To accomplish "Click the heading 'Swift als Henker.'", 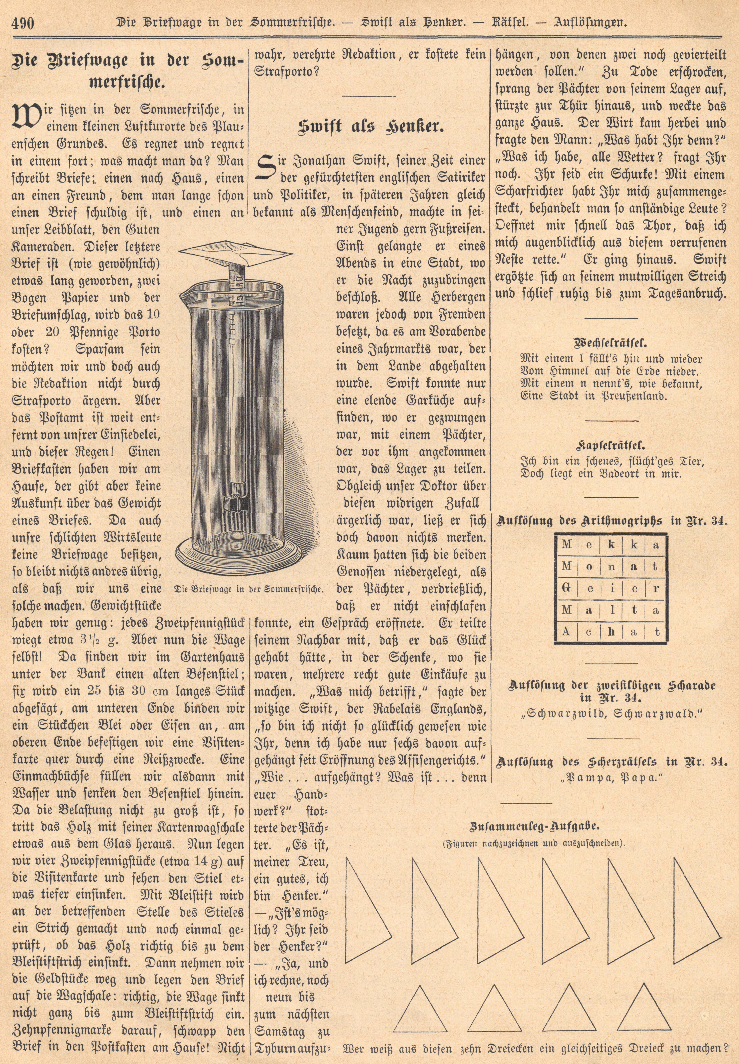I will point(368,126).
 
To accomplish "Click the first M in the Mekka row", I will point(566,545).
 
